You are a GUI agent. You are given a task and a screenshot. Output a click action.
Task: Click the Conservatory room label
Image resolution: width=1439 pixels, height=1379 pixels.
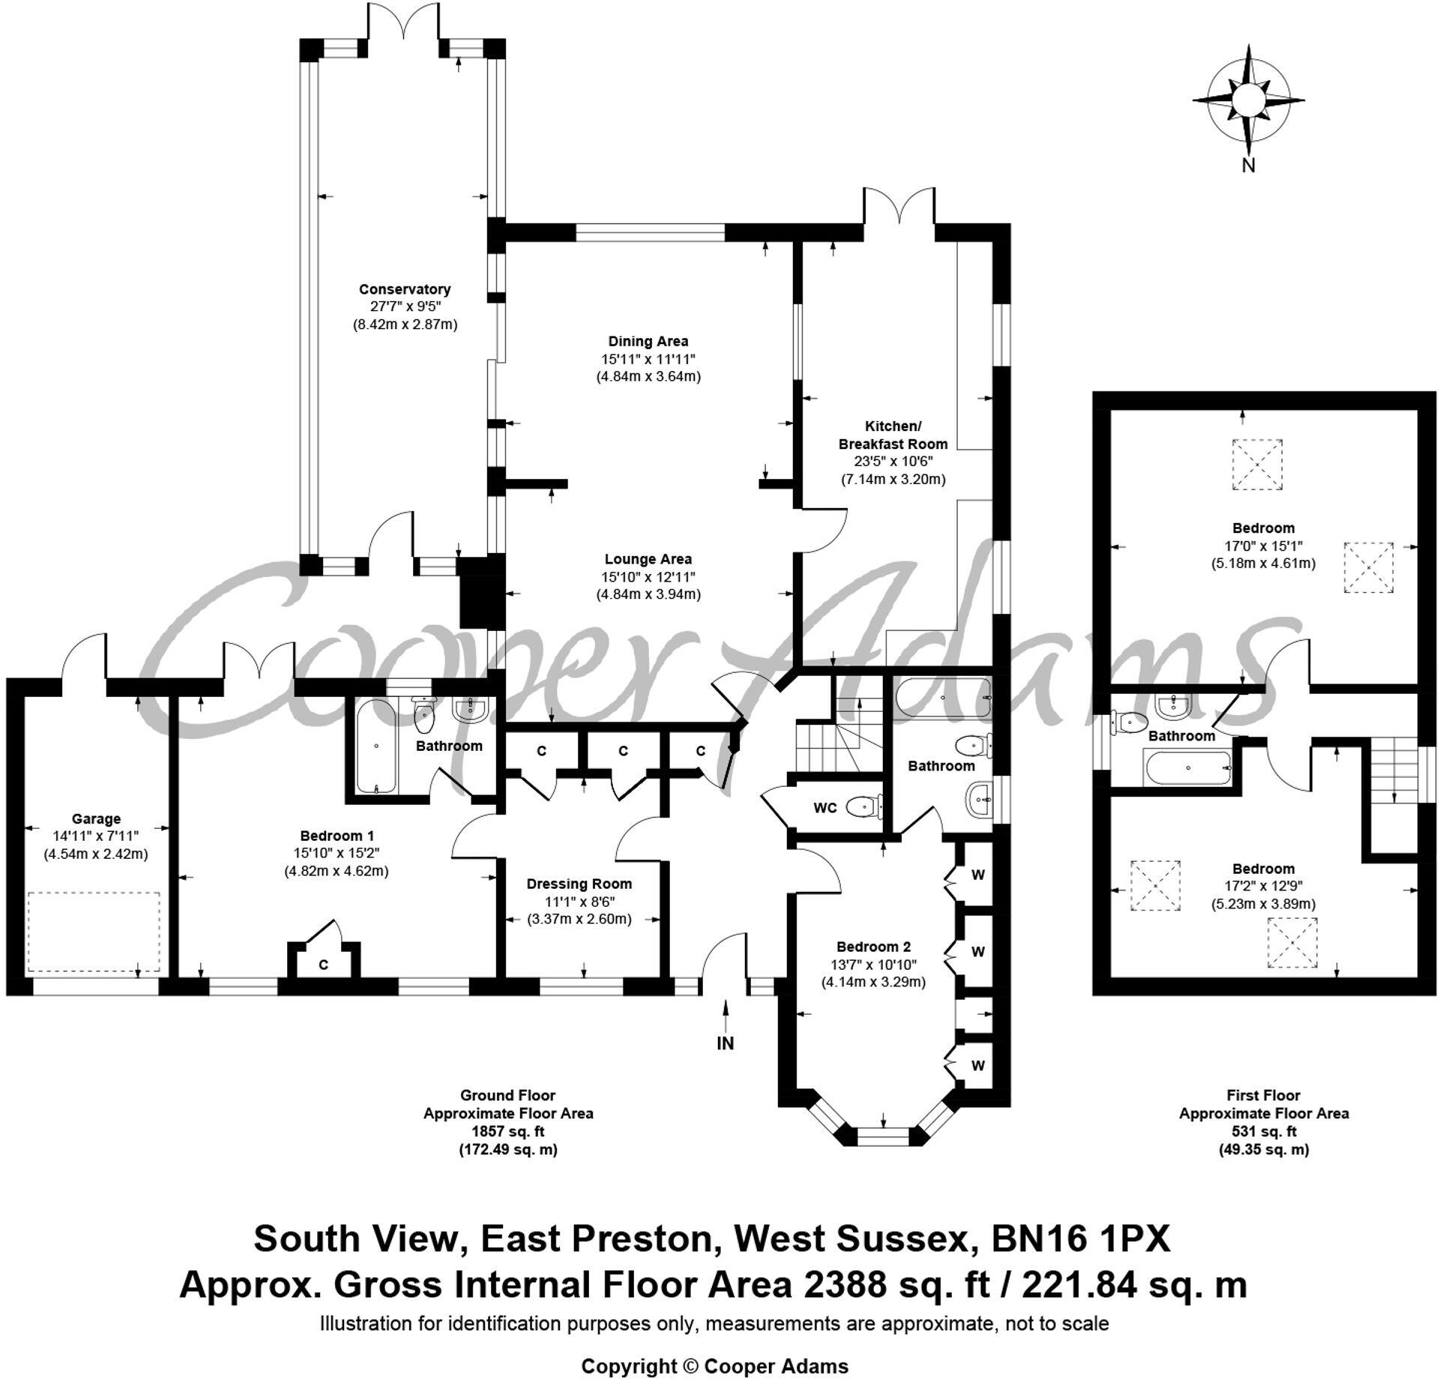click(x=405, y=289)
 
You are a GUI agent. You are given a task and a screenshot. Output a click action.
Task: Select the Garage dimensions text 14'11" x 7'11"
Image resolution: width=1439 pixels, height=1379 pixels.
click(x=96, y=836)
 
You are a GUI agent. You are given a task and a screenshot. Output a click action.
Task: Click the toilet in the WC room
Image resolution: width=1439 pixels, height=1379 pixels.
click(x=862, y=807)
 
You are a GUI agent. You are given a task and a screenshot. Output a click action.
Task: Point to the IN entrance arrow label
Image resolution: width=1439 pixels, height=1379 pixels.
click(x=725, y=1042)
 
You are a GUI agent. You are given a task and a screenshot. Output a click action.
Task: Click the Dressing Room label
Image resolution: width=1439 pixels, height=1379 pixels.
click(x=579, y=884)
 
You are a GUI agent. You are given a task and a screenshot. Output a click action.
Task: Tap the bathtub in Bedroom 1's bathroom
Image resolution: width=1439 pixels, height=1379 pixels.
click(x=375, y=747)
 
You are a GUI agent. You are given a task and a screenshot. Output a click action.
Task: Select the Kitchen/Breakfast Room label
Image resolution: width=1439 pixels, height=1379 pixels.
click(x=893, y=435)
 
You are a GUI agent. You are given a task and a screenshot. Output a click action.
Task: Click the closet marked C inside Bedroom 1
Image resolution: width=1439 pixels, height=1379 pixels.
click(x=323, y=965)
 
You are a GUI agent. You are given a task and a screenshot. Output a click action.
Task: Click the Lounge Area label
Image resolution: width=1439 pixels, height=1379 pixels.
click(x=648, y=559)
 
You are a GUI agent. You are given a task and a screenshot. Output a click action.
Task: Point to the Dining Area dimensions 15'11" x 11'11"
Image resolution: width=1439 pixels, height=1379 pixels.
click(x=648, y=359)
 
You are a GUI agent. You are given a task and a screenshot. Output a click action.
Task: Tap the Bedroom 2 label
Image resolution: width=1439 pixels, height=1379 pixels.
click(x=873, y=947)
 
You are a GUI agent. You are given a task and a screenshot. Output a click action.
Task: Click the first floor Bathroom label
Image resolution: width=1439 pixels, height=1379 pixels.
click(x=1182, y=736)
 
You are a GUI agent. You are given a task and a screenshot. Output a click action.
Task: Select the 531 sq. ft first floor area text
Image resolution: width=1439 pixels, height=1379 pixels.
click(x=1264, y=1132)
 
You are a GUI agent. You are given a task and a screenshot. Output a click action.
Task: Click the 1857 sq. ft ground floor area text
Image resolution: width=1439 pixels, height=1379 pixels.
click(x=507, y=1132)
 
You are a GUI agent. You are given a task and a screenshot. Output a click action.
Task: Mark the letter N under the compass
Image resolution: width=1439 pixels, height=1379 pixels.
click(x=1248, y=166)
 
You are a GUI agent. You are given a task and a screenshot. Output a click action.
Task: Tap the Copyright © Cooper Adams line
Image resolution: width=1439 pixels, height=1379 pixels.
click(x=714, y=1366)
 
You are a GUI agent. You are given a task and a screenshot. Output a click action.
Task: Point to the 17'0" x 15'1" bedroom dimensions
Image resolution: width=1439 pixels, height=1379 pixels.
click(x=1263, y=546)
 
